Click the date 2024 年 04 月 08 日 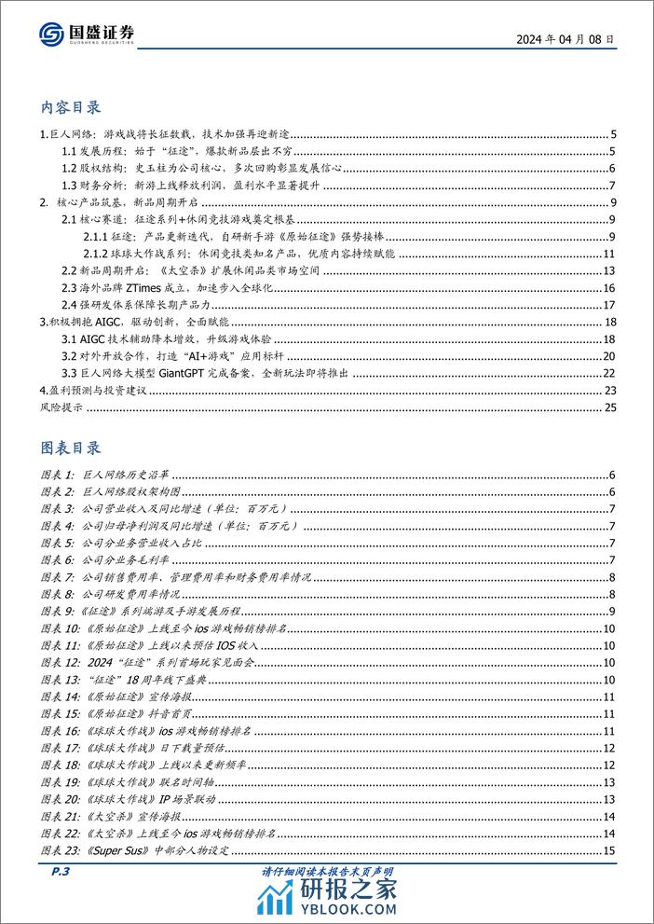coord(564,39)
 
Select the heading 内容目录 coord(72,106)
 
